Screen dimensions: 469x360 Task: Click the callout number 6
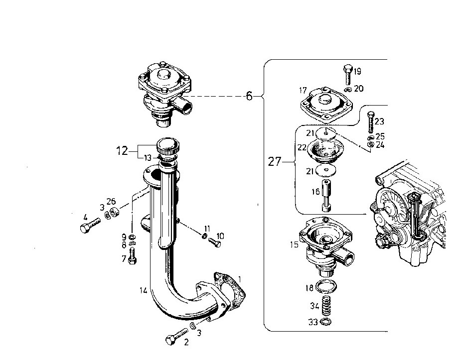pos(249,96)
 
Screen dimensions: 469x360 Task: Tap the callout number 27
pos(275,162)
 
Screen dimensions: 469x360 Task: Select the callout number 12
pos(122,151)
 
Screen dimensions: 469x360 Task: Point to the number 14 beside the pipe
pos(144,290)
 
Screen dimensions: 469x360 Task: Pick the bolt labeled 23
pos(370,122)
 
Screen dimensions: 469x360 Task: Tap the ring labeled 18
pos(326,286)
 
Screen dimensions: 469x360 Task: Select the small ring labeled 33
pos(326,322)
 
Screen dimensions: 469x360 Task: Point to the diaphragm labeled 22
pos(326,149)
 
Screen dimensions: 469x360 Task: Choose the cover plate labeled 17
pos(326,105)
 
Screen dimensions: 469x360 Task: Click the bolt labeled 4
pos(91,225)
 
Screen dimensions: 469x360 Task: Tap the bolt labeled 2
pos(176,337)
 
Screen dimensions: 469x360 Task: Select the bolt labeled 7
pos(132,257)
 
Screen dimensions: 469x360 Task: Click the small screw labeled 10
pos(215,242)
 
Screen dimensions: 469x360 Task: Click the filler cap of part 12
pos(168,146)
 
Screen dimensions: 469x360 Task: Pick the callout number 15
pos(295,244)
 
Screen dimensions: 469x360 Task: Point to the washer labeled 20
pos(347,90)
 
